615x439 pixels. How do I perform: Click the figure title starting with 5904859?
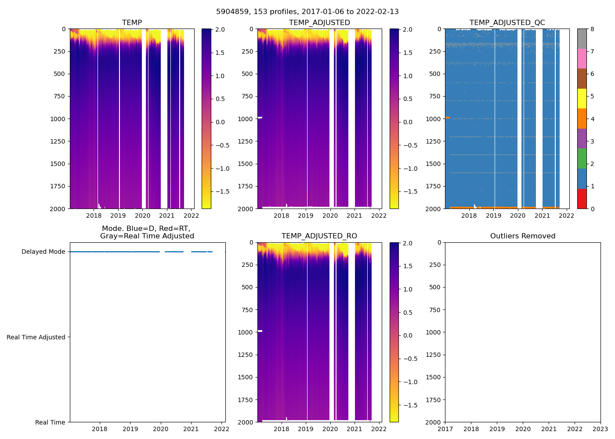tap(307, 12)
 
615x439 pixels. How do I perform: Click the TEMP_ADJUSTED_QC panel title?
tap(507, 23)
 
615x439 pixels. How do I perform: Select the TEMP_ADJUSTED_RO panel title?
tap(319, 236)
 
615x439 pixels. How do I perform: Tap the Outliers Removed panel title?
tap(522, 236)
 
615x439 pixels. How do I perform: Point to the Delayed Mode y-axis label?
tap(43, 252)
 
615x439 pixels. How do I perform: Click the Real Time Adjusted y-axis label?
tap(36, 337)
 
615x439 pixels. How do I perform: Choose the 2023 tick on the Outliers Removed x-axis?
tap(601, 429)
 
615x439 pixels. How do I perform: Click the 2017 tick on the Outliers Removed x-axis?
tap(445, 429)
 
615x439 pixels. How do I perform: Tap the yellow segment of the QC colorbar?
tap(582, 99)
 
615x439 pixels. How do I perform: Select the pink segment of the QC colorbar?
tap(582, 59)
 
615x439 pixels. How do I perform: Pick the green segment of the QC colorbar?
tap(582, 158)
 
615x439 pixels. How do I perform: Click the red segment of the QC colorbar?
tap(582, 198)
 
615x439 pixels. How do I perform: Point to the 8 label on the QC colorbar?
tap(592, 29)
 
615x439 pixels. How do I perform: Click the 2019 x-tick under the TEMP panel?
tap(118, 216)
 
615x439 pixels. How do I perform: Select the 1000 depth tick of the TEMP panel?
tap(58, 119)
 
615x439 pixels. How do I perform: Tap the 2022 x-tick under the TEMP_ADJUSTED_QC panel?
tap(567, 216)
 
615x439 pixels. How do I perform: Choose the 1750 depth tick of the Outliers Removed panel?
tap(433, 400)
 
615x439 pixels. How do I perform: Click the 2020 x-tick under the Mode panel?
tap(160, 429)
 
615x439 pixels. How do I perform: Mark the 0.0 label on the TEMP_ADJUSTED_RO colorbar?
tap(408, 335)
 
